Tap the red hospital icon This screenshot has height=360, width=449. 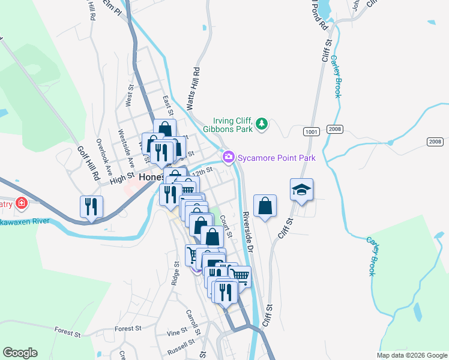click(x=22, y=203)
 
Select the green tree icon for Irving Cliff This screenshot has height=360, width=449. click(x=261, y=124)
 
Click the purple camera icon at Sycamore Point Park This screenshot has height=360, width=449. click(x=228, y=158)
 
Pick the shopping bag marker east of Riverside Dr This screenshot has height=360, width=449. click(x=265, y=206)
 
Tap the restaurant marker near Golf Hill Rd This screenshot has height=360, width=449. click(x=91, y=207)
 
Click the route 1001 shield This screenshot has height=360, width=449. click(x=311, y=131)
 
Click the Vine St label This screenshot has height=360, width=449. click(x=177, y=332)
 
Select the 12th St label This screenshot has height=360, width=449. click(x=206, y=170)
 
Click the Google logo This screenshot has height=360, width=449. click(x=20, y=353)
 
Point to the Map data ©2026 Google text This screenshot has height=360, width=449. click(x=411, y=355)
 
